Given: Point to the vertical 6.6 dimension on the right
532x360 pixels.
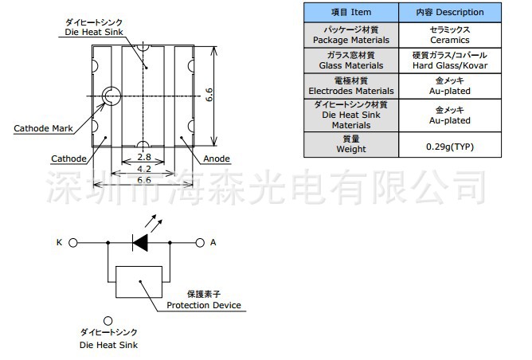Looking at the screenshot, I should click(x=209, y=96).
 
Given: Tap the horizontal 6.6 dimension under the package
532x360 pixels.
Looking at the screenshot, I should click(x=143, y=181).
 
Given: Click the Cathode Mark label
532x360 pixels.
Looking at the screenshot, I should click(x=43, y=128).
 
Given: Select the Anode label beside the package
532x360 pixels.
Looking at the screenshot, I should click(x=217, y=158).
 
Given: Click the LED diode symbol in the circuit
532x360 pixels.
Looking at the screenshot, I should click(x=141, y=242).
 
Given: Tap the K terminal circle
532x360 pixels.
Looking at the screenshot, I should click(x=73, y=242).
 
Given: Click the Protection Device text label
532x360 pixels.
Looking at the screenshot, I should click(x=203, y=306).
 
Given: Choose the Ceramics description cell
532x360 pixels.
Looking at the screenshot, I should click(x=449, y=34).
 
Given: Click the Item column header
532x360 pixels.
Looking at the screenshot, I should click(x=350, y=12).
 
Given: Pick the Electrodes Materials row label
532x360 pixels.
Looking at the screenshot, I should click(x=350, y=85).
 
